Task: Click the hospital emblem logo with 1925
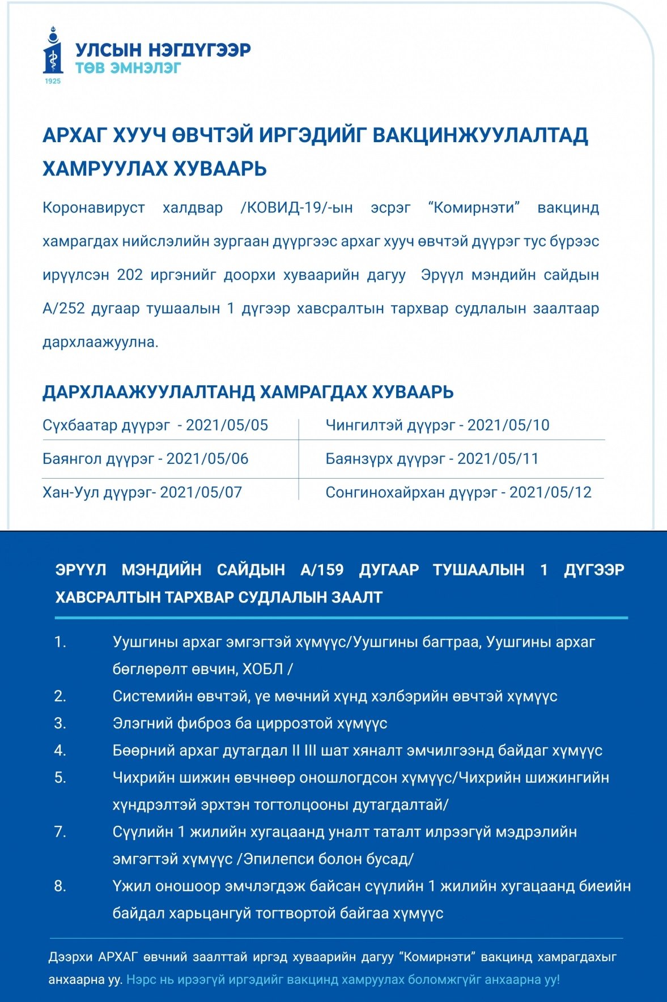(53, 54)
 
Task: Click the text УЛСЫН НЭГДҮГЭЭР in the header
(163, 50)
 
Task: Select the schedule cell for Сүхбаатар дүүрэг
(155, 425)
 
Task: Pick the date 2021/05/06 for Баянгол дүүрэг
(207, 459)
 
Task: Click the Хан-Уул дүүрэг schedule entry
(142, 492)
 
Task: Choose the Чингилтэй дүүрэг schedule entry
(437, 425)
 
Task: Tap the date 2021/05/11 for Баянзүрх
(498, 459)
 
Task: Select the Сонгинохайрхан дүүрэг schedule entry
(458, 492)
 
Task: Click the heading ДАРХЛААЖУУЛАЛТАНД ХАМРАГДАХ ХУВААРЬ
(248, 392)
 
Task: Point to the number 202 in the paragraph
(130, 275)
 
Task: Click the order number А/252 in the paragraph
(63, 309)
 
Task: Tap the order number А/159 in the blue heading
(322, 570)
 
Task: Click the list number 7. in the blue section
(60, 832)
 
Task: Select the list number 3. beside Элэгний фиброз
(60, 723)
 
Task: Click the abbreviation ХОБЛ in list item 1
(262, 669)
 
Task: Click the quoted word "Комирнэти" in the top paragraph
(474, 208)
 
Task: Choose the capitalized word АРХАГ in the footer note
(118, 957)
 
